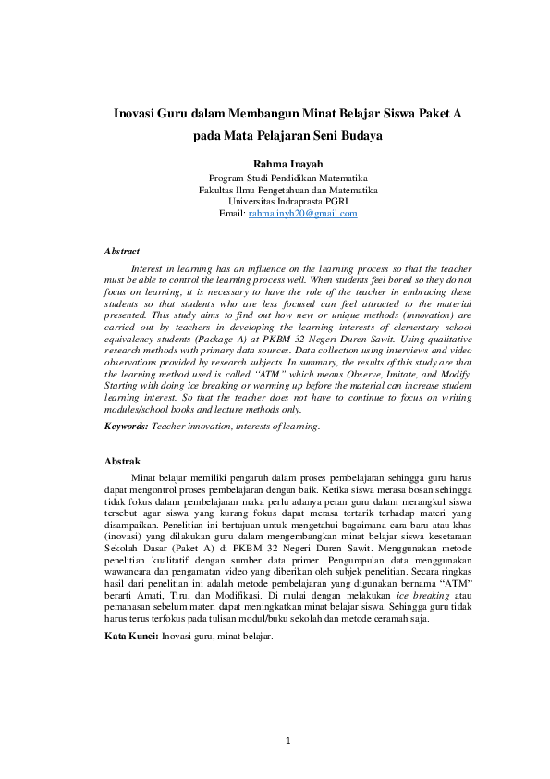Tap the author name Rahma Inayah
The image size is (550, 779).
(x=287, y=163)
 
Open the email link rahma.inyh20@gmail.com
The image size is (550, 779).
(x=302, y=214)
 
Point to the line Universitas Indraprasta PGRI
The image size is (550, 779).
(x=287, y=201)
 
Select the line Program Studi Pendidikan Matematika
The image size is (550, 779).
(x=287, y=177)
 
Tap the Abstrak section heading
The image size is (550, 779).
(x=122, y=461)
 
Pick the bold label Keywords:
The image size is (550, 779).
(x=126, y=427)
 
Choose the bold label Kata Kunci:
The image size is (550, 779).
(x=131, y=637)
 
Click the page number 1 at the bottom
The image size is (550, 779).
(x=287, y=740)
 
